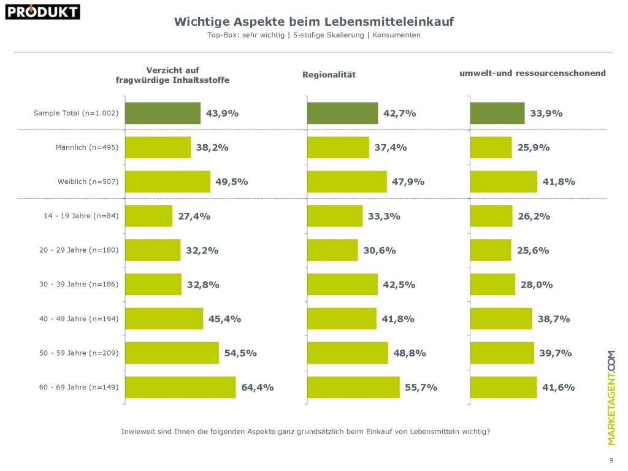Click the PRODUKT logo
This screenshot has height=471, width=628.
click(42, 11)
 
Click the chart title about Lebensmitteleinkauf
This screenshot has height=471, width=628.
click(314, 22)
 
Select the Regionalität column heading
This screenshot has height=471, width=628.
click(329, 75)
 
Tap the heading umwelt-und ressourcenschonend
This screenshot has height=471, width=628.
click(532, 73)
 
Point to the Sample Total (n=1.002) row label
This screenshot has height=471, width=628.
click(75, 113)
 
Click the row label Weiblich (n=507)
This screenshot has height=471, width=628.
click(86, 182)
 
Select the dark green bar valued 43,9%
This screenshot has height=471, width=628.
click(163, 113)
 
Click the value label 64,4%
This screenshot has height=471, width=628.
click(257, 387)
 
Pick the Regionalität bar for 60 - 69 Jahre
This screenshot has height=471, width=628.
click(353, 387)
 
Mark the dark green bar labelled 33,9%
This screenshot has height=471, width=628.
click(497, 113)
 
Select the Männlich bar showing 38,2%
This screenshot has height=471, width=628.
click(158, 147)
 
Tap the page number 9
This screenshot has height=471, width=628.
click(611, 461)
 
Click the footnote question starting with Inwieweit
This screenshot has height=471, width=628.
click(306, 432)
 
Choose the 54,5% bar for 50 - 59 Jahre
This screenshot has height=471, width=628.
click(172, 353)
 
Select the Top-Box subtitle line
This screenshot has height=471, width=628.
click(314, 35)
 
